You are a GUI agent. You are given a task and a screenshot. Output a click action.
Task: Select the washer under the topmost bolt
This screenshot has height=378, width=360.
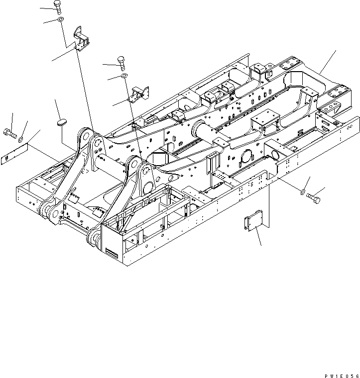click(x=60, y=19)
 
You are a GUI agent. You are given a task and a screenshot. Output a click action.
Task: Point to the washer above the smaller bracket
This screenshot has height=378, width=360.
click(x=123, y=76)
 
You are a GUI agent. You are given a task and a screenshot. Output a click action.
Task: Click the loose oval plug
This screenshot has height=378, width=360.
click(x=62, y=121)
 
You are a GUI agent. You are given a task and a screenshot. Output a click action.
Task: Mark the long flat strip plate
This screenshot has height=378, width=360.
click(x=14, y=156)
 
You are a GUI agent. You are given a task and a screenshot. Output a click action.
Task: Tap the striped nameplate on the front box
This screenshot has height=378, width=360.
click(x=113, y=254)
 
